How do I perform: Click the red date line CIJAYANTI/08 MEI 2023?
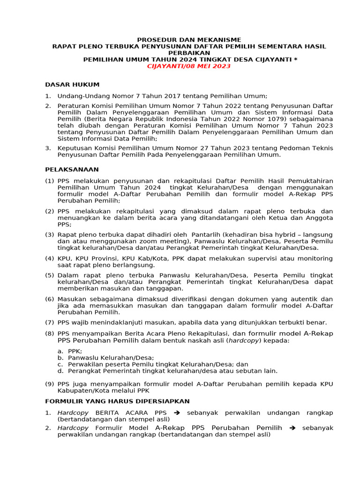(x=189, y=66)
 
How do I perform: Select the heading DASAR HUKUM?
(x=72, y=84)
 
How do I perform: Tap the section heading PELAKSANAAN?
(x=72, y=169)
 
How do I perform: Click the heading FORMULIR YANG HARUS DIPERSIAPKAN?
(x=117, y=401)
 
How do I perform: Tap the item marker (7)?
(x=50, y=322)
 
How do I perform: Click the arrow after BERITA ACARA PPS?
(x=177, y=412)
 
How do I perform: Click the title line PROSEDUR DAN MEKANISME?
(x=189, y=40)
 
